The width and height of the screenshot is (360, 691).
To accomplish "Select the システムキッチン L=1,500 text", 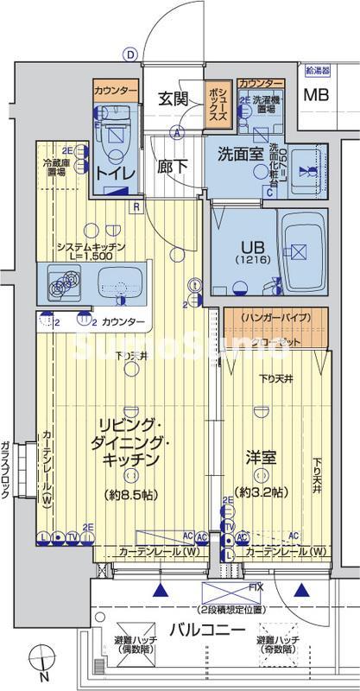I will click(x=88, y=251).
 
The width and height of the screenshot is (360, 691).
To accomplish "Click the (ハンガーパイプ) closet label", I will click(x=275, y=317).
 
